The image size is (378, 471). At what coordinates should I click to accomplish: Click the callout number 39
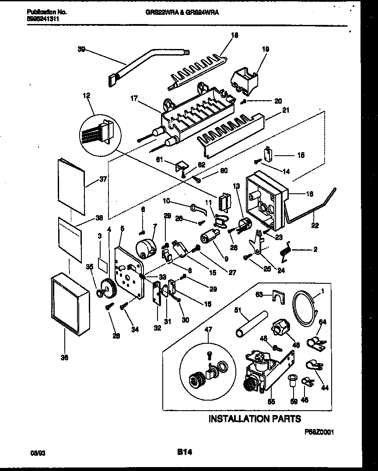coord(81,49)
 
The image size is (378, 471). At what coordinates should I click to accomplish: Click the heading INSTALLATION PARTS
coord(255,419)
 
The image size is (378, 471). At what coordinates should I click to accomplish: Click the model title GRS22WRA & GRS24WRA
coord(182,13)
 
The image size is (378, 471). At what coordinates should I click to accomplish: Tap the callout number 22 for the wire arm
coord(315,226)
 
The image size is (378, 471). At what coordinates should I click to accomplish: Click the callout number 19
coord(266,49)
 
